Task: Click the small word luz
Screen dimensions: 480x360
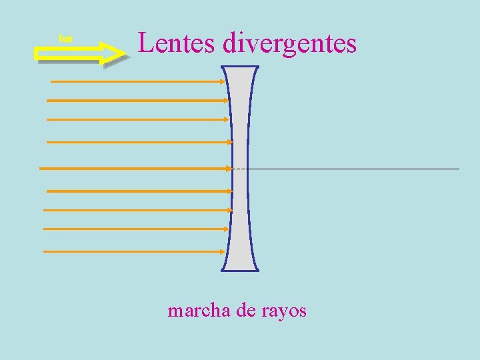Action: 65,39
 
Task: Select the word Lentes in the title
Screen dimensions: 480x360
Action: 176,43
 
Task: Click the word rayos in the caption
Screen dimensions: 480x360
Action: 284,311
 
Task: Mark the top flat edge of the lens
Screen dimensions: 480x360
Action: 240,67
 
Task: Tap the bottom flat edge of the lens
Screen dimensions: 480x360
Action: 240,271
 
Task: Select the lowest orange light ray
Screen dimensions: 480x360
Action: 133,251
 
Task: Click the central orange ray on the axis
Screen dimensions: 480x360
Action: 133,169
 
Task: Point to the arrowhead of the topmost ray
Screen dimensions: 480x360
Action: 224,81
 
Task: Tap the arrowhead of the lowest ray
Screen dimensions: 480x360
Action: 223,251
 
